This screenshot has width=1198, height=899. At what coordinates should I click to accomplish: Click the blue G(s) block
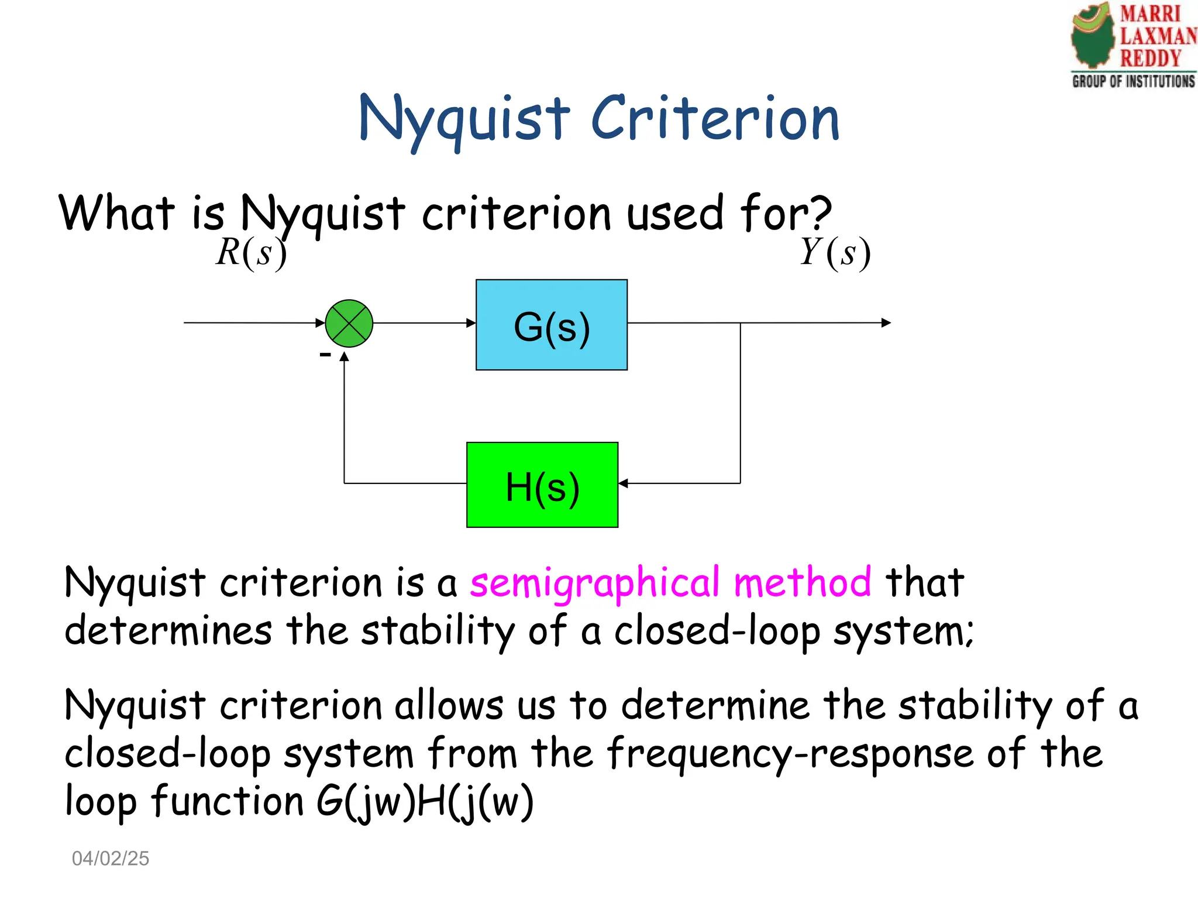coord(551,325)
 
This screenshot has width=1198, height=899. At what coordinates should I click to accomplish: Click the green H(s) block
coord(542,485)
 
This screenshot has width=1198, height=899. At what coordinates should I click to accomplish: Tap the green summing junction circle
coord(349,323)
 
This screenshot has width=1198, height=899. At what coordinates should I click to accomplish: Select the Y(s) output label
coord(835,253)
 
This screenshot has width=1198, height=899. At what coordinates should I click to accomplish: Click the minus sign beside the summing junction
coord(325,354)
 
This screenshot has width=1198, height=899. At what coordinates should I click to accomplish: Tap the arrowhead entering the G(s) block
coord(471,322)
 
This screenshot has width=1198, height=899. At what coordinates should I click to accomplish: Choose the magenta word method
coord(802,582)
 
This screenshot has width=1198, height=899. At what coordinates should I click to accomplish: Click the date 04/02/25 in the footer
coord(111,859)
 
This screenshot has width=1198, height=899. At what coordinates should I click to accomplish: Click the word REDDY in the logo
coord(1150,59)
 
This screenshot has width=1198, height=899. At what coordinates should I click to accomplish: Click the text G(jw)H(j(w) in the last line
coord(424,802)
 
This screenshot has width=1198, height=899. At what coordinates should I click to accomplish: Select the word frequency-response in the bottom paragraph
coord(790,754)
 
